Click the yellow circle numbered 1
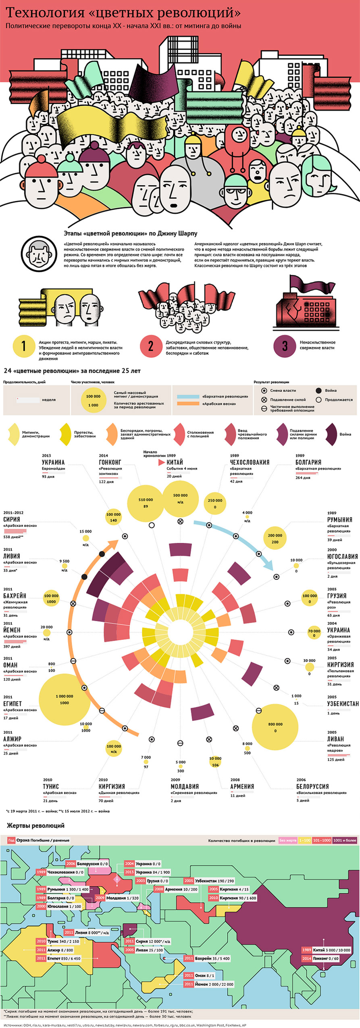[x=23, y=345]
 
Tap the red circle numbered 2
[x=151, y=345]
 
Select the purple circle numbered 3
[x=285, y=345]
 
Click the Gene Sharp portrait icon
[x=38, y=254]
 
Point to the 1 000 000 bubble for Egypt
[x=65, y=699]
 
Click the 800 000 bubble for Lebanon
[x=275, y=727]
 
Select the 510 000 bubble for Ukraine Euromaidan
[x=146, y=503]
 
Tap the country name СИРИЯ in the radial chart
[x=12, y=520]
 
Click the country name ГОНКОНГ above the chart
[x=110, y=462]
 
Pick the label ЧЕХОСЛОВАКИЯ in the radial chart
[x=250, y=462]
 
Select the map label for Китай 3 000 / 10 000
[x=327, y=950]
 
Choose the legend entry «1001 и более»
[x=344, y=840]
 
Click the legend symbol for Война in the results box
[x=318, y=390]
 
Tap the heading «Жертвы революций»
[x=35, y=825]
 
